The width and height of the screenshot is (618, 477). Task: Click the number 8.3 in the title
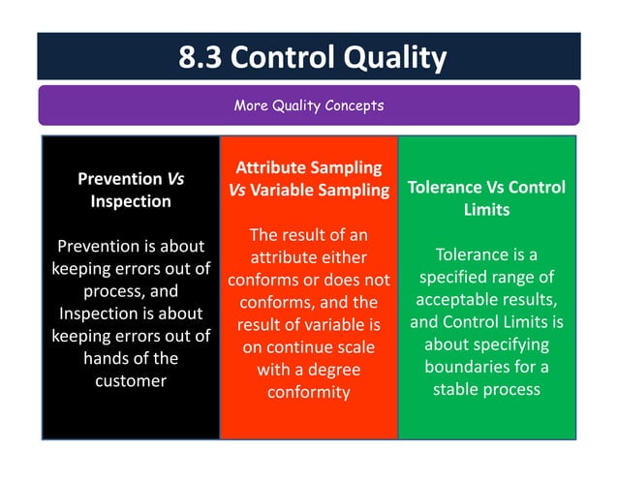[x=201, y=58]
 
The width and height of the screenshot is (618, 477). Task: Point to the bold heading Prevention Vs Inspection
[x=131, y=190]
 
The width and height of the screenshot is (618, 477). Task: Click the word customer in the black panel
[x=131, y=380]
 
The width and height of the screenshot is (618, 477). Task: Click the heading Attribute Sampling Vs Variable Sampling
[x=308, y=179]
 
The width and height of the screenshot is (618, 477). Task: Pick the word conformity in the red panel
[x=308, y=392]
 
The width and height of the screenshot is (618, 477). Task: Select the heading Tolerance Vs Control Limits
[x=486, y=197]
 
